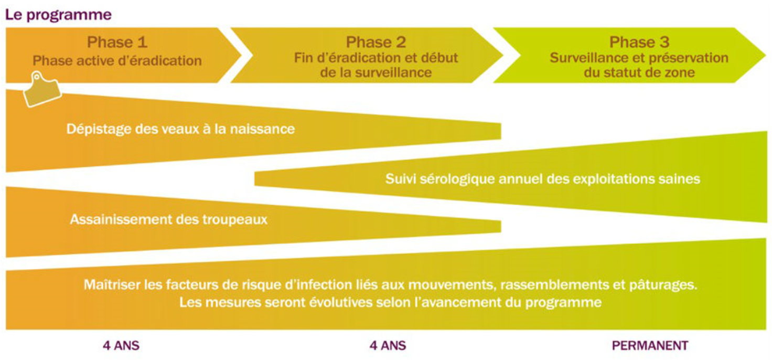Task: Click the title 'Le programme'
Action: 58,15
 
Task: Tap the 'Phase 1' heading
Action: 117,42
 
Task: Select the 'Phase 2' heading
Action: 376,42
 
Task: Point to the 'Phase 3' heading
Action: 639,42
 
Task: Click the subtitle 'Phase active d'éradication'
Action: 117,61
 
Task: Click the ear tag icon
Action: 42,89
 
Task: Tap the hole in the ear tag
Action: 36,77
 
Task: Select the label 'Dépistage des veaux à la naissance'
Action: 180,129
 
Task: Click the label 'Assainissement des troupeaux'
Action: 168,219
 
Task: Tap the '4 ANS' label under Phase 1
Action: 121,345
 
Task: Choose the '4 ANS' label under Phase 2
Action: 388,345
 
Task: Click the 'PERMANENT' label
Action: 650,345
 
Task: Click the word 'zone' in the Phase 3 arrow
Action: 679,73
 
